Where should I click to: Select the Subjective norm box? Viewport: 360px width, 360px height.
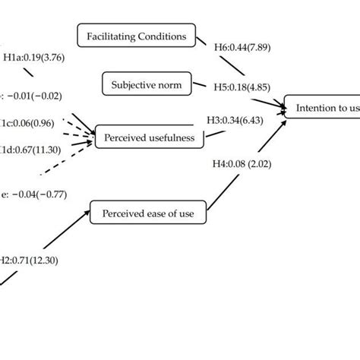(147, 84)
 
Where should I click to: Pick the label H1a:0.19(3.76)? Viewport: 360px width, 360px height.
(34, 57)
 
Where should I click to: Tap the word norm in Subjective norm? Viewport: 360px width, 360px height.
(170, 84)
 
